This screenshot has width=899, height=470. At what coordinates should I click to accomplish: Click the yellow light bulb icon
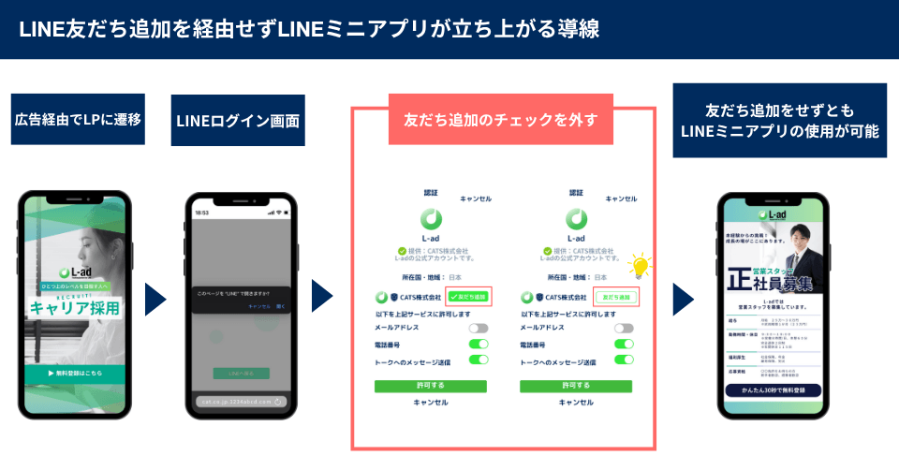tap(641, 266)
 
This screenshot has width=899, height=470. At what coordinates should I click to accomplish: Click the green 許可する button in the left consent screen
tap(430, 385)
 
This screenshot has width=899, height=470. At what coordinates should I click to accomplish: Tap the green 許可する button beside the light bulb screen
tap(576, 385)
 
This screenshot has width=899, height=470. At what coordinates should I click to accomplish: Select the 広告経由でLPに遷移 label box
tap(78, 119)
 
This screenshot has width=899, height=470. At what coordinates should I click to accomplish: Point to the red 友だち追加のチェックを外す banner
tap(500, 119)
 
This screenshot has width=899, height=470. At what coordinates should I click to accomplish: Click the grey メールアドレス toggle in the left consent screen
tap(479, 328)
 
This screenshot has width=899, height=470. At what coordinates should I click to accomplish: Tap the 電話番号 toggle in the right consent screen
tap(623, 345)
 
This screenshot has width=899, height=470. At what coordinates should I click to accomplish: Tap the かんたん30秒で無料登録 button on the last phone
tap(773, 389)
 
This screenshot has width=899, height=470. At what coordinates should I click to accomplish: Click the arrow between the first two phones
tap(155, 299)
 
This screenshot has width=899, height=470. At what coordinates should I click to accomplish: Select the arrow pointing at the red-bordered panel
tap(322, 297)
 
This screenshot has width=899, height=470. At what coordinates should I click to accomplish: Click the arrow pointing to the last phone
tap(683, 298)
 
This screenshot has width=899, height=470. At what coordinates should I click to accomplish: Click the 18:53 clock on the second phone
tap(202, 213)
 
